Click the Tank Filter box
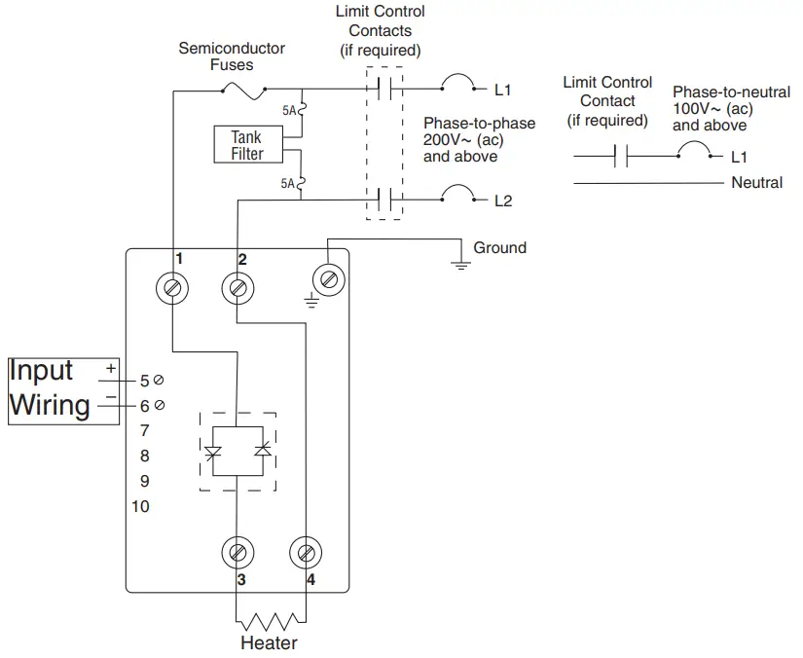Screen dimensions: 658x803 [246, 145]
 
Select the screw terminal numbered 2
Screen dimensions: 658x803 [237, 288]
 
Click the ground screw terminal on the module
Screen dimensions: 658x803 [328, 280]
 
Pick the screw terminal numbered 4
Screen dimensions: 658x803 [305, 554]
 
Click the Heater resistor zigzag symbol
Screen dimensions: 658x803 [271, 621]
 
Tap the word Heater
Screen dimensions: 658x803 [270, 643]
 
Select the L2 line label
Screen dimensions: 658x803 [502, 201]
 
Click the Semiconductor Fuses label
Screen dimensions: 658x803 [232, 56]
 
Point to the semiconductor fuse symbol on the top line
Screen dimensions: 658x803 [244, 91]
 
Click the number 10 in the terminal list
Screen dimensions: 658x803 [141, 506]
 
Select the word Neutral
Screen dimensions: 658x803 [756, 182]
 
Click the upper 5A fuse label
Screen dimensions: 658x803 [288, 111]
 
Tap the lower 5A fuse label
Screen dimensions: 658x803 [288, 183]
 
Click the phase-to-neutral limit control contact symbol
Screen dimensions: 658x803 [620, 156]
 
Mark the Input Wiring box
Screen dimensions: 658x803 [62, 390]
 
